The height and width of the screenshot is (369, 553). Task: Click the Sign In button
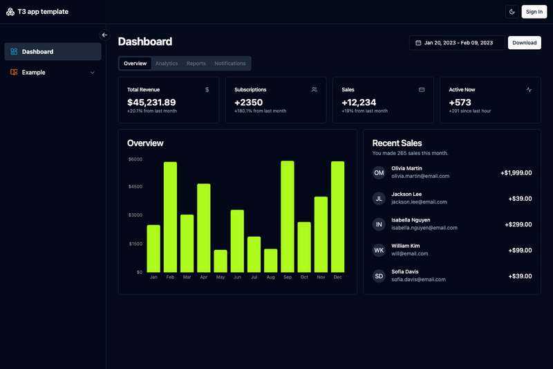[534, 12]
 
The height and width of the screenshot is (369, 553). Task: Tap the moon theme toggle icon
[512, 12]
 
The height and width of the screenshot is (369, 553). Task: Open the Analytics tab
[167, 64]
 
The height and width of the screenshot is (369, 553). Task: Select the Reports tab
[196, 64]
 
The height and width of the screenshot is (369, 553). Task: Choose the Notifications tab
[230, 64]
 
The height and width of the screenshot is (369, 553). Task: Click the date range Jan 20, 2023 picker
[457, 43]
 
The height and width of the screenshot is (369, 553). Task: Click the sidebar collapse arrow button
[104, 35]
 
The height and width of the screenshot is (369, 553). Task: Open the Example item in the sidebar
[53, 73]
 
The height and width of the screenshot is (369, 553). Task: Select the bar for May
[221, 261]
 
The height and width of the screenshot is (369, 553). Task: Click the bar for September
[288, 217]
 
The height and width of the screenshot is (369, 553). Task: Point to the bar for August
[270, 260]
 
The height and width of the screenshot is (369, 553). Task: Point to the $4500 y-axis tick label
[135, 186]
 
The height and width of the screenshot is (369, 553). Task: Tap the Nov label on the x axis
[321, 277]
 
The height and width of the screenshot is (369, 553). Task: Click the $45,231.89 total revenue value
[151, 102]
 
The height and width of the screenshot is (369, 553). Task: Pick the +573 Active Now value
[460, 102]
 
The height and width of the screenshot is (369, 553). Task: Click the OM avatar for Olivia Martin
[379, 172]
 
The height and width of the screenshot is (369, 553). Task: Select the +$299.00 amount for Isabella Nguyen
[518, 224]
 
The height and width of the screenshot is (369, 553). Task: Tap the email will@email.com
[410, 253]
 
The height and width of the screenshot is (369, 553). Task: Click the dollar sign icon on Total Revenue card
[207, 90]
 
